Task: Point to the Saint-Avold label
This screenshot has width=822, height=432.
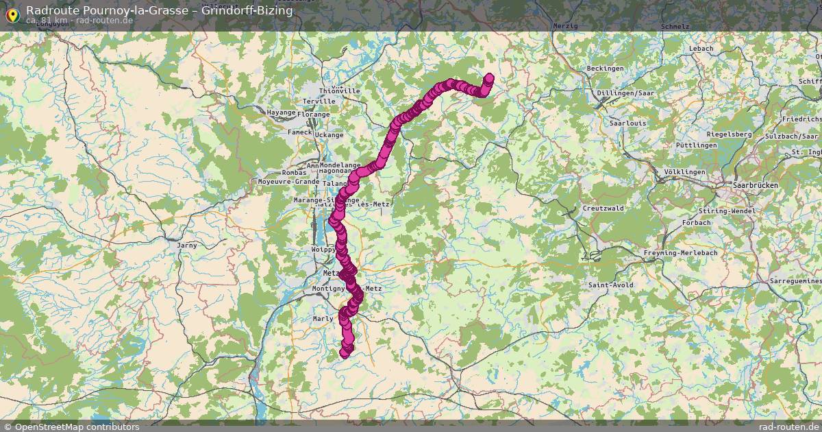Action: click(x=610, y=285)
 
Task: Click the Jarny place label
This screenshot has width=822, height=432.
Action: click(x=187, y=245)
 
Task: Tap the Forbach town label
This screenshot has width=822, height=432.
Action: click(x=696, y=223)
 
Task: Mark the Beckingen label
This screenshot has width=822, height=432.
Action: click(x=606, y=69)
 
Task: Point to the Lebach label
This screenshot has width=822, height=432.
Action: click(x=701, y=49)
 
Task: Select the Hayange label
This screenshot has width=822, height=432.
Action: click(x=281, y=112)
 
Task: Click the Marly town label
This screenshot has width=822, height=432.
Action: click(x=323, y=319)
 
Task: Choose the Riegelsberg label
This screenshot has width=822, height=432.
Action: click(x=729, y=134)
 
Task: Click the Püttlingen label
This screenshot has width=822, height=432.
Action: click(x=697, y=145)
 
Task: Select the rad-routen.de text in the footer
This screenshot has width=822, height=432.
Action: click(x=788, y=427)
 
